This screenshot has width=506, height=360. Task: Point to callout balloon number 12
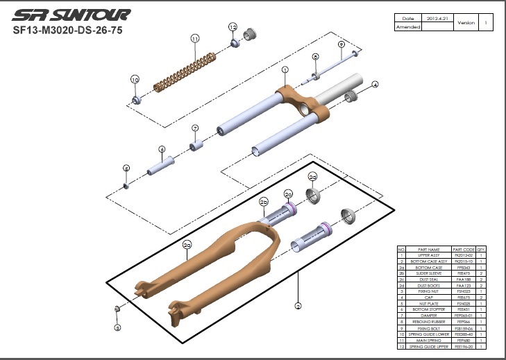(233, 27)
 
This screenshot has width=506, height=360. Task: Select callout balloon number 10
(135, 80)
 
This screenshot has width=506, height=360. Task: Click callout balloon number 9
(341, 44)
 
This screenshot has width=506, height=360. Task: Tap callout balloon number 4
(375, 85)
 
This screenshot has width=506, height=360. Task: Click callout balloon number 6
(161, 149)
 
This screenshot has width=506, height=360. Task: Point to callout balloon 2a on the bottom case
(187, 245)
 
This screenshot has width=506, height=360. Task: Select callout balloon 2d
(312, 177)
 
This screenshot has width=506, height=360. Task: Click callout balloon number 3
(117, 327)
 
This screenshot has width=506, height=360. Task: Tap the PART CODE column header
(464, 249)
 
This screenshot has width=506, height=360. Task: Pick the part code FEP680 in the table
(464, 341)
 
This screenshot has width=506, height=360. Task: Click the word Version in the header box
(466, 22)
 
